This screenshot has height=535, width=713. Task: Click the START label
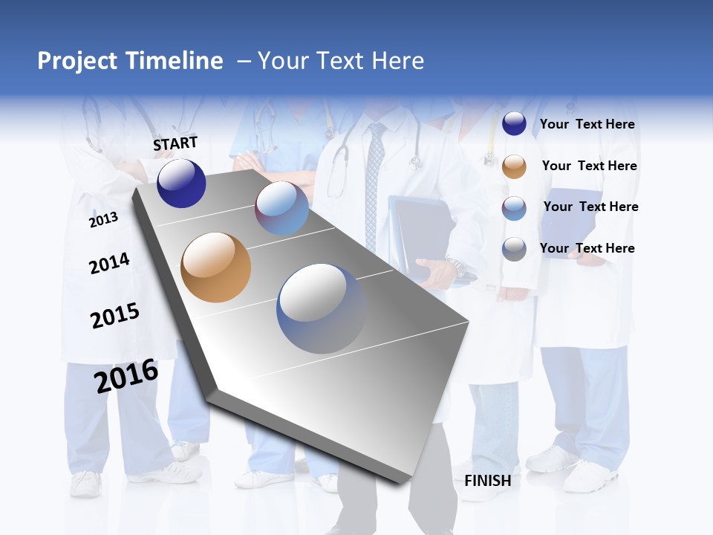pos(175,143)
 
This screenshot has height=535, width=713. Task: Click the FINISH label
pos(487,481)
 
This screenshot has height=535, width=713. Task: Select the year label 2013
pos(103,219)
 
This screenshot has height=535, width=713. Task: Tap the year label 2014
pos(109,263)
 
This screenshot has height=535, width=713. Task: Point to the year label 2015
pos(115,316)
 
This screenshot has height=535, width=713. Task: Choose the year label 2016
pos(126,375)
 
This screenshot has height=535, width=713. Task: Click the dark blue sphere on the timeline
pos(181,184)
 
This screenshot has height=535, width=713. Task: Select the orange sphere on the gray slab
pos(216,267)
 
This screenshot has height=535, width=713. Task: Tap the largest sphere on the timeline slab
pos(322,308)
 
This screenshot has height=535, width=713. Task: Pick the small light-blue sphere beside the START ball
pos(282,208)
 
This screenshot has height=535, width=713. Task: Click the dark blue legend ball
pos(514,123)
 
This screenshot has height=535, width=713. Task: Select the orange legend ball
pos(514,166)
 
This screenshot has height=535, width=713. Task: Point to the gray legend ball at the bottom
pos(514,249)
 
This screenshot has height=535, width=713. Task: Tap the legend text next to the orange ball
pos(589,166)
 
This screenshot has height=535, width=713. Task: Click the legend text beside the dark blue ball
pos(587,124)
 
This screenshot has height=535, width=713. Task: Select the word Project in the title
pos(77,61)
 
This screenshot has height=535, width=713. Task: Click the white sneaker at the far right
pos(590,476)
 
